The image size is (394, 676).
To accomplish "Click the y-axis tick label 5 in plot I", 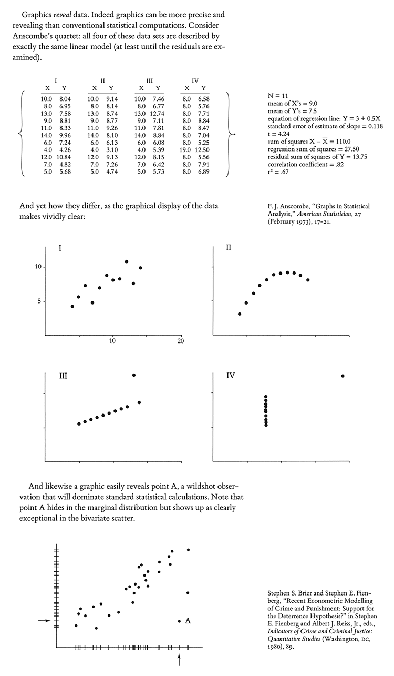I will pyautogui.click(x=37, y=301).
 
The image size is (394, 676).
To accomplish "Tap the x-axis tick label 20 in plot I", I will pyautogui.click(x=180, y=342).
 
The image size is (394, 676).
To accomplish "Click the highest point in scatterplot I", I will pyautogui.click(x=127, y=261).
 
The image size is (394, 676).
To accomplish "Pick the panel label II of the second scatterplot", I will pyautogui.click(x=229, y=248).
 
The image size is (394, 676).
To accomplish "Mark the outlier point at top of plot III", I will pyautogui.click(x=134, y=375).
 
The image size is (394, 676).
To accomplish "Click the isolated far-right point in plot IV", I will pyautogui.click(x=343, y=376).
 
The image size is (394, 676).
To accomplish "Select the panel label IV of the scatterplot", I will pyautogui.click(x=230, y=376).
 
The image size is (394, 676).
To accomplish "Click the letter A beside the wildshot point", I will pyautogui.click(x=188, y=621).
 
